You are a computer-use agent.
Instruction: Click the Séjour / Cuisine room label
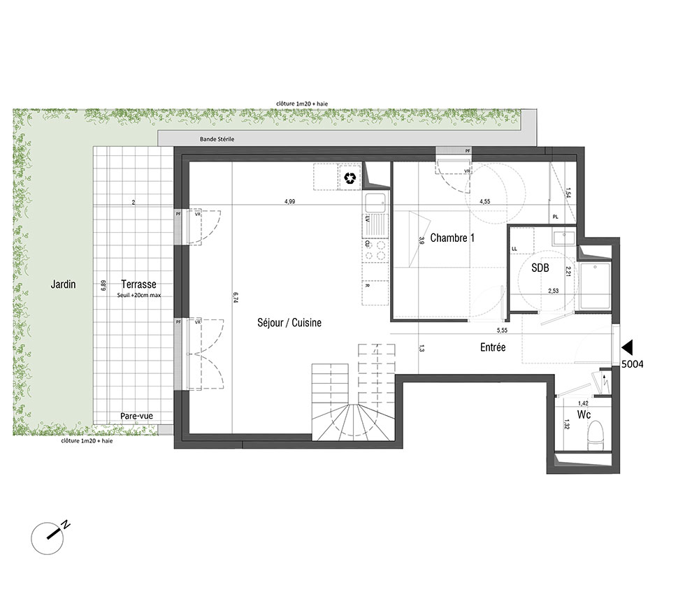pos(289,323)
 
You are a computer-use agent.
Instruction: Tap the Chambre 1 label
pos(452,238)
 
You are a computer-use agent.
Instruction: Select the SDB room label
pos(540,268)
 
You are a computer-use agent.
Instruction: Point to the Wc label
pos(584,415)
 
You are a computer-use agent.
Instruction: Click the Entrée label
pos(493,347)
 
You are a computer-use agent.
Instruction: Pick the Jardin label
pos(64,284)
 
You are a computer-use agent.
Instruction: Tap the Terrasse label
pos(138,284)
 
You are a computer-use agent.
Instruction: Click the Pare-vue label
pos(136,416)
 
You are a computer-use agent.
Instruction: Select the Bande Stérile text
pos(217,139)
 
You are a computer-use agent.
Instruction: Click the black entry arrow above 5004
pos(627,347)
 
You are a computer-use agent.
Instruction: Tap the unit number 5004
pos(633,364)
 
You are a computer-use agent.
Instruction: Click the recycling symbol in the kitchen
pos(350,178)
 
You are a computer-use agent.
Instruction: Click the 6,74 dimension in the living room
pos(236,298)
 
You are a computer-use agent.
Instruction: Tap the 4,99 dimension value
pos(290,201)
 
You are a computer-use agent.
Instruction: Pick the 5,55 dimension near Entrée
pos(502,330)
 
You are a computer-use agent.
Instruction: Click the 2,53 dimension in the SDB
pos(553,291)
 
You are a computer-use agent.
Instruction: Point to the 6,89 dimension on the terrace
pos(103,285)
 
